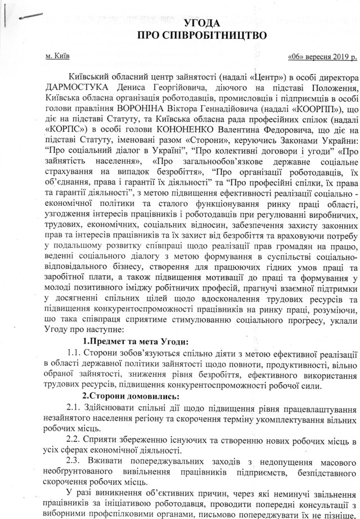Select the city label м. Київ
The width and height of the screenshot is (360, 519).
click(57, 57)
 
